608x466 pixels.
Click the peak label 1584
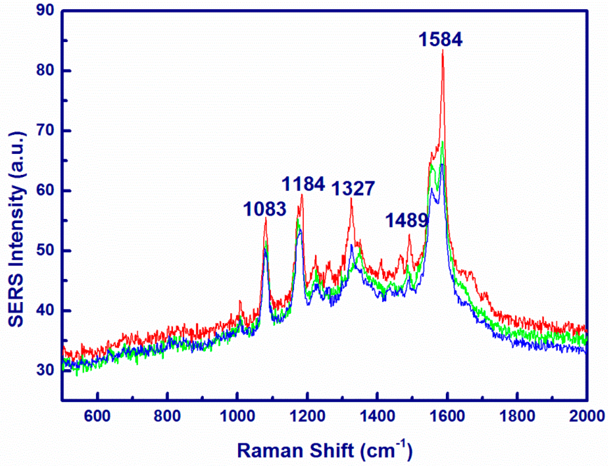(440, 39)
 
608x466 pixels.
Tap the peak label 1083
(265, 209)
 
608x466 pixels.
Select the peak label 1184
(303, 184)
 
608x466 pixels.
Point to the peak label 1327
(353, 189)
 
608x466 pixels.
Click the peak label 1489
(407, 220)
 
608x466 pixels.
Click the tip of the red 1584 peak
(443, 50)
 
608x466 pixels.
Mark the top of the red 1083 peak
(266, 218)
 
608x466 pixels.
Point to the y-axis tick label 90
(45, 10)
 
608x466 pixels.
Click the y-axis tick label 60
(45, 190)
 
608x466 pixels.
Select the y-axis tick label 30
(45, 370)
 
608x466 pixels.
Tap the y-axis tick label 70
(45, 131)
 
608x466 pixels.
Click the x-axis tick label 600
(97, 416)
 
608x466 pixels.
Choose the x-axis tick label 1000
(237, 416)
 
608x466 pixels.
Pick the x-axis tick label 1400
(377, 416)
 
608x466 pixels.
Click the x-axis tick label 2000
(587, 416)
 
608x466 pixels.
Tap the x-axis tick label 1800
(517, 416)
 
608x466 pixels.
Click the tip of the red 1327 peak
(351, 198)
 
